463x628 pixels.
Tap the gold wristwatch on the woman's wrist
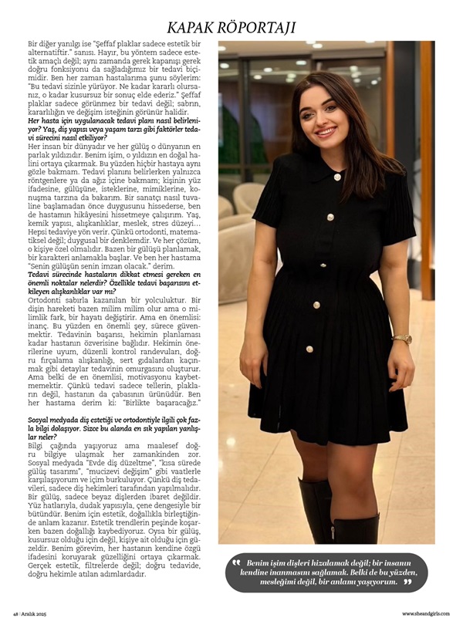pos(402,339)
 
